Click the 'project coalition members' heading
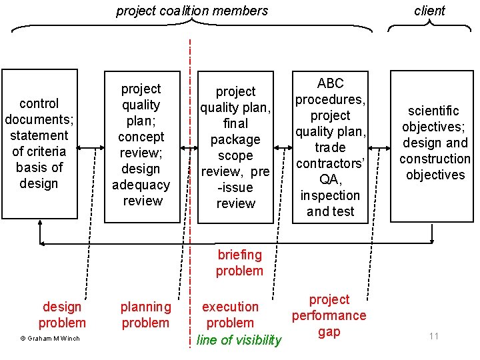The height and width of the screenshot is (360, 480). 192,11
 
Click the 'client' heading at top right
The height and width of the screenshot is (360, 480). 429,11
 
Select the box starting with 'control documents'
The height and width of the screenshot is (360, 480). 39,143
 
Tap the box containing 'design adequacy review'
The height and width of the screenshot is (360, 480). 141,145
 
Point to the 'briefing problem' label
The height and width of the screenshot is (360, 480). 239,263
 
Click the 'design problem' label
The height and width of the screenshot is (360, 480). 62,315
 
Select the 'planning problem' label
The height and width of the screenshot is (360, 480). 145,315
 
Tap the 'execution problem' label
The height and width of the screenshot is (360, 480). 230,315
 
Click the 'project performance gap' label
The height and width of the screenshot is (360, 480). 329,315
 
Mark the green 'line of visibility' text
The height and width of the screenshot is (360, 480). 239,340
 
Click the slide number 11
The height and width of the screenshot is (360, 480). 434,336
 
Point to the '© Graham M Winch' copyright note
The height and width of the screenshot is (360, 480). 50,339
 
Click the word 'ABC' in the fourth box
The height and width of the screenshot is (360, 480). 330,83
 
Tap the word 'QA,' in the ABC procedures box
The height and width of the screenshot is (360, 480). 330,179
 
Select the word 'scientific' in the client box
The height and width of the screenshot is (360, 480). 435,111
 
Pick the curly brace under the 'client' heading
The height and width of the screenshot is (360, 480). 429,27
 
